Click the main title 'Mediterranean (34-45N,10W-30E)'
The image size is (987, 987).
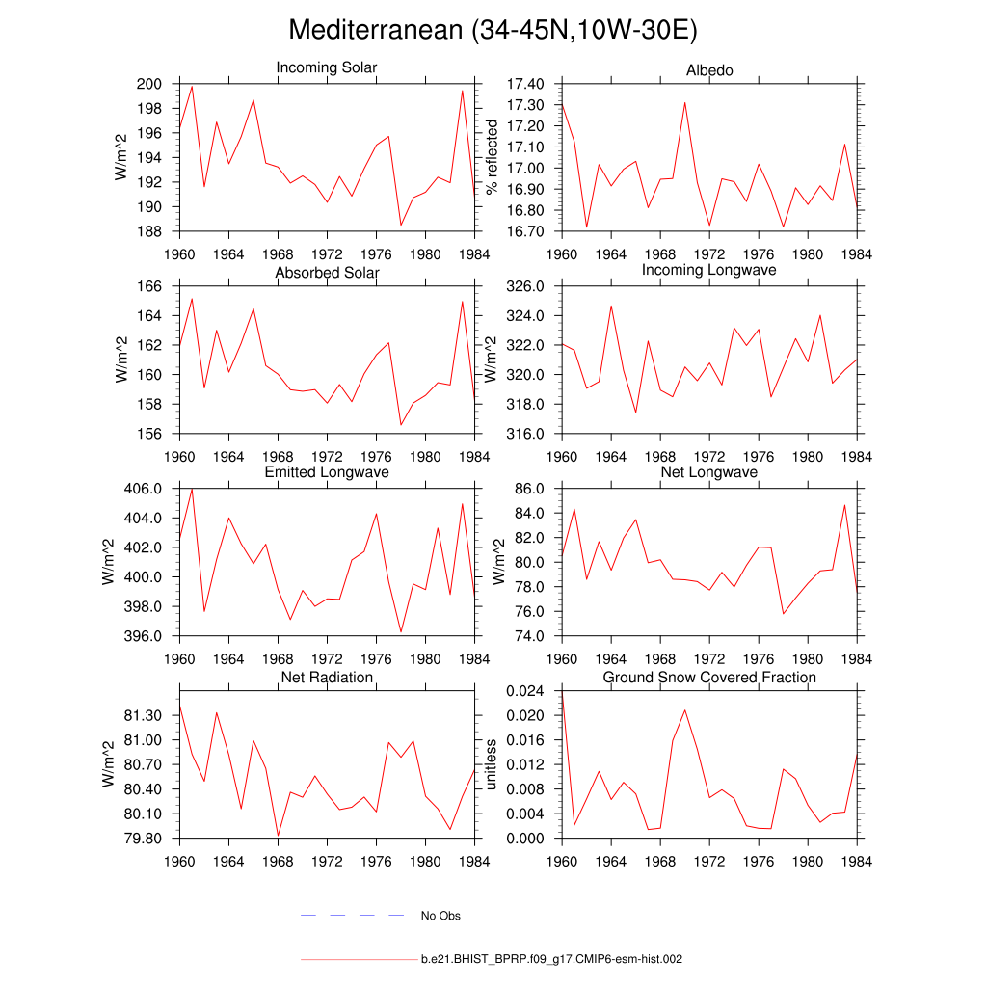(x=493, y=31)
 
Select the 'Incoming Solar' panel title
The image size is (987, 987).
(x=327, y=68)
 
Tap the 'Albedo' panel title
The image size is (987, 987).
(x=709, y=71)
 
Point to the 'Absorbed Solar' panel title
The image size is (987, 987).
(x=327, y=273)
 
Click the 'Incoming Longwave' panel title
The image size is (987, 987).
(x=709, y=270)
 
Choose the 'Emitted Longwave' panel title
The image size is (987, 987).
(x=327, y=472)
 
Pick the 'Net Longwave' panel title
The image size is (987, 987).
(x=709, y=472)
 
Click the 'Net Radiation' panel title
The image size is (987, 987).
(x=327, y=678)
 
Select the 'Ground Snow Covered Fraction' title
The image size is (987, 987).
(x=709, y=678)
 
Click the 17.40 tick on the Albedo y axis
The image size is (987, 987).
(x=524, y=84)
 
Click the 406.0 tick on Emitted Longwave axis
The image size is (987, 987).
(x=146, y=489)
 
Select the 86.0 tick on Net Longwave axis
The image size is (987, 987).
(x=531, y=489)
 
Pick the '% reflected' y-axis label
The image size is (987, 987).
(x=493, y=157)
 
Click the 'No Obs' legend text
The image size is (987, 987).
(x=440, y=916)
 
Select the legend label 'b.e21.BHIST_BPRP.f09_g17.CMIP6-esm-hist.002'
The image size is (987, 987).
(x=551, y=960)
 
